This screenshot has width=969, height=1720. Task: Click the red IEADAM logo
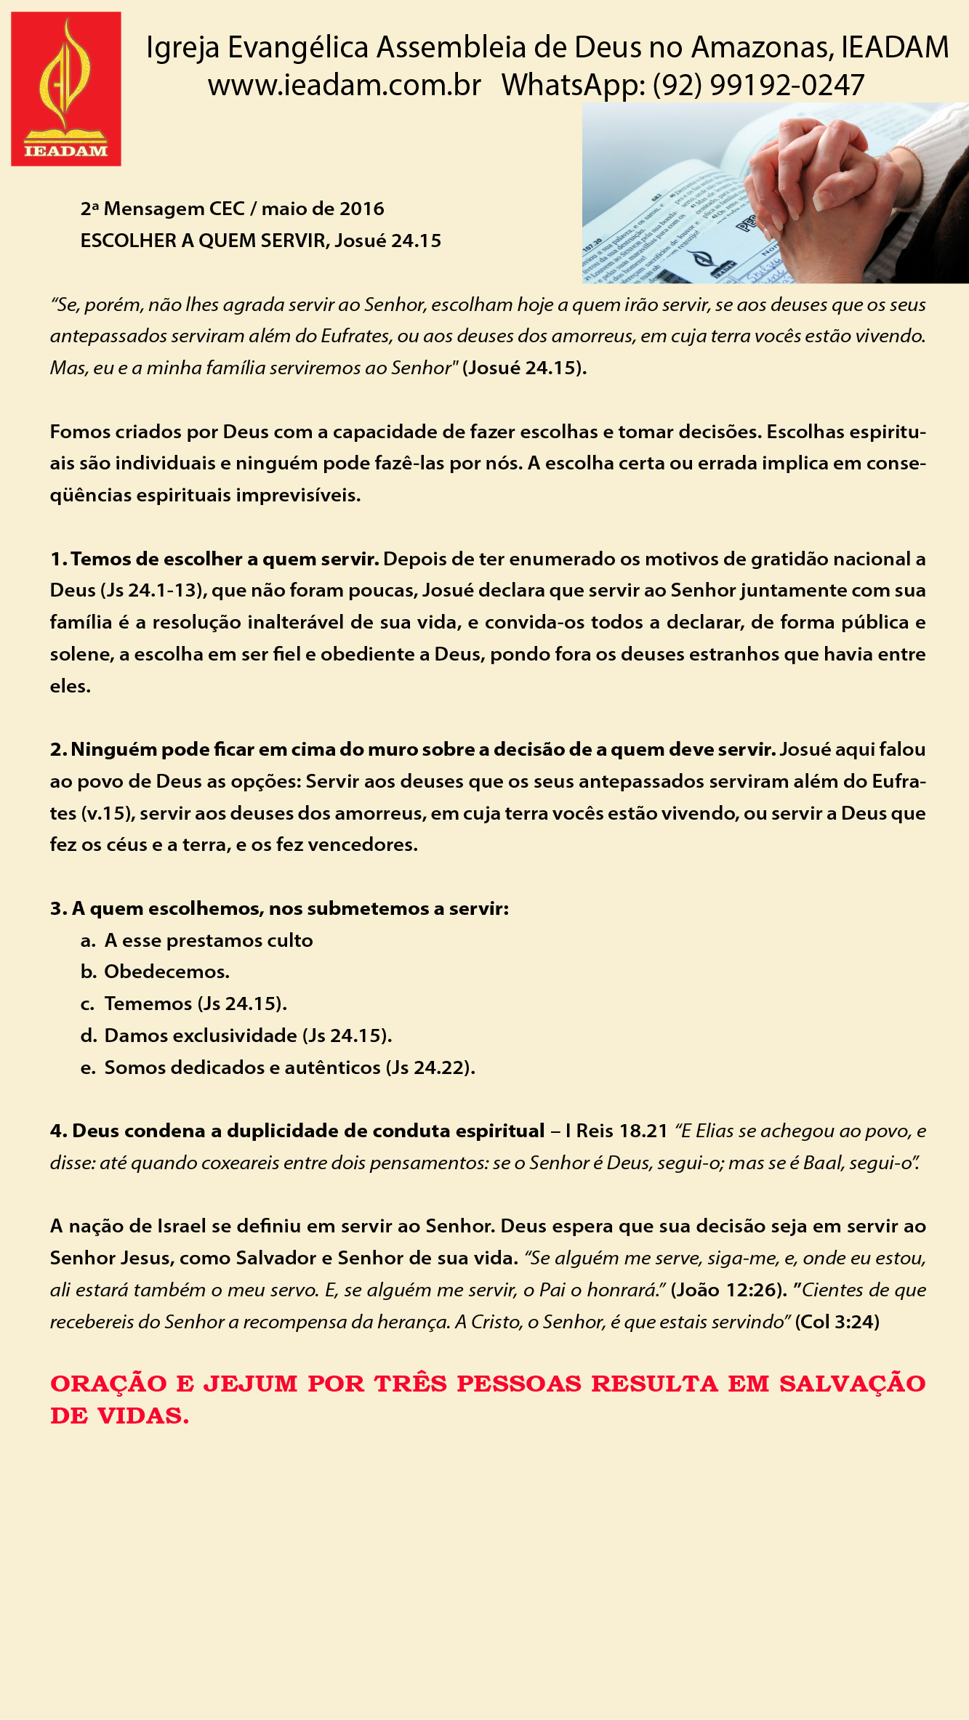pyautogui.click(x=66, y=89)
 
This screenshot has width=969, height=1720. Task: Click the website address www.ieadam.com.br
pyautogui.click(x=344, y=86)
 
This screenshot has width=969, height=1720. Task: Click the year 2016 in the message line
pyautogui.click(x=361, y=209)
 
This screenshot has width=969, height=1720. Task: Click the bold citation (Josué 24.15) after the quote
pyautogui.click(x=524, y=368)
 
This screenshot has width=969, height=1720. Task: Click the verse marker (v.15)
pyautogui.click(x=107, y=813)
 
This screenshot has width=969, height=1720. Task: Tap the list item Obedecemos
pyautogui.click(x=166, y=972)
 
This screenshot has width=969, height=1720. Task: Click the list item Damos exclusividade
pyautogui.click(x=200, y=1035)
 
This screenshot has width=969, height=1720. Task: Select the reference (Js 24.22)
pyautogui.click(x=430, y=1067)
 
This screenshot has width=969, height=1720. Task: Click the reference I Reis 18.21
pyautogui.click(x=616, y=1131)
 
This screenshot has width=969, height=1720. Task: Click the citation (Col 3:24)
pyautogui.click(x=837, y=1322)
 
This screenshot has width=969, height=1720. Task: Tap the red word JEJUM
pyautogui.click(x=250, y=1384)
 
